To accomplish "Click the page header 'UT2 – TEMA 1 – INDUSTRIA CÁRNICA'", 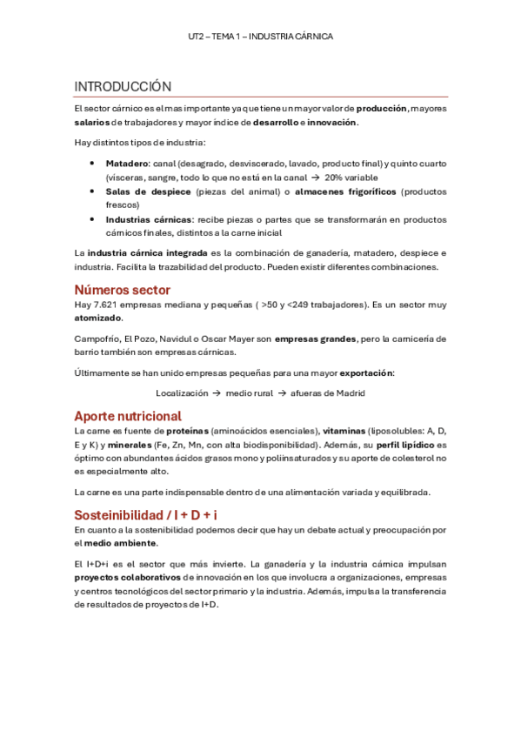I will [260, 37].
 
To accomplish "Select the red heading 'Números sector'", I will [122, 289].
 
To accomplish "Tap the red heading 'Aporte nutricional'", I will [127, 415].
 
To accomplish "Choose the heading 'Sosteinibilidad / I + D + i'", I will [146, 513].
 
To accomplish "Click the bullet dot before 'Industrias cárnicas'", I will [93, 219].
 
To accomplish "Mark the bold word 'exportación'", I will [365, 372].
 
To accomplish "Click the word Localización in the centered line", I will [182, 392].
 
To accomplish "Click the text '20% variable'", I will [353, 177].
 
